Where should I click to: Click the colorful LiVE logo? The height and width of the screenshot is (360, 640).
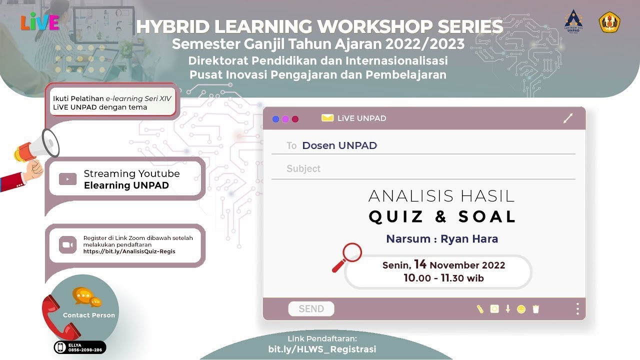tap(40, 22)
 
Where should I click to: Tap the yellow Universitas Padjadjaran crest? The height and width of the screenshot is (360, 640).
tap(609, 22)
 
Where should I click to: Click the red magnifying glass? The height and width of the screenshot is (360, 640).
tap(348, 256)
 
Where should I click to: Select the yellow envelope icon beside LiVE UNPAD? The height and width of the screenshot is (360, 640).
tap(327, 118)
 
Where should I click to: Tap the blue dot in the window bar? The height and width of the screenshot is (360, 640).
tap(275, 119)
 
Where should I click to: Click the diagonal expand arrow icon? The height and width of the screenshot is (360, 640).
tap(567, 118)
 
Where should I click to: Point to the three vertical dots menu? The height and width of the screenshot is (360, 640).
tap(577, 309)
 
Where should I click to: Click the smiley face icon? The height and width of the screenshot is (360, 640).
tap(521, 309)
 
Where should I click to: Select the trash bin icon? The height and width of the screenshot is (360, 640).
tap(535, 309)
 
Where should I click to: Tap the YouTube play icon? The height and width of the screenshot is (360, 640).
tap(67, 179)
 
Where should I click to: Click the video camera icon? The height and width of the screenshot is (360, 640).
tap(67, 245)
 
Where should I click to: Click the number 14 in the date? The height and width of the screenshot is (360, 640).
tap(420, 264)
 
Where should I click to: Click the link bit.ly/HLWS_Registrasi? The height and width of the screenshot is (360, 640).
tap(322, 349)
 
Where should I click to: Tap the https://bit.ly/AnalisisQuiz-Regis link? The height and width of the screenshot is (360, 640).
tap(129, 251)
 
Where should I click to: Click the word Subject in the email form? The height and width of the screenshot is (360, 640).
tap(303, 169)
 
